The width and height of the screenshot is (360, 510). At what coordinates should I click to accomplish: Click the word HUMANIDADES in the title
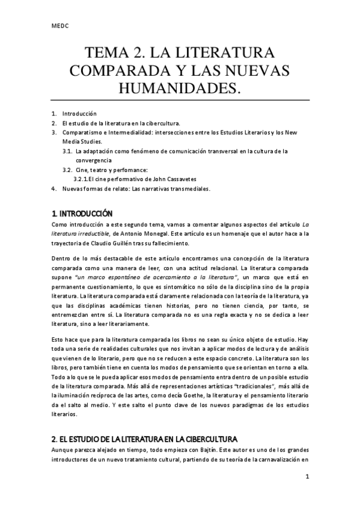coord(179,88)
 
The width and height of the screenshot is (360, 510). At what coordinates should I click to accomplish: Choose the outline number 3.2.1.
coord(82,179)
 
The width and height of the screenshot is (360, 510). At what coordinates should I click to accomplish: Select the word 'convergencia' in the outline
coord(94,161)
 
